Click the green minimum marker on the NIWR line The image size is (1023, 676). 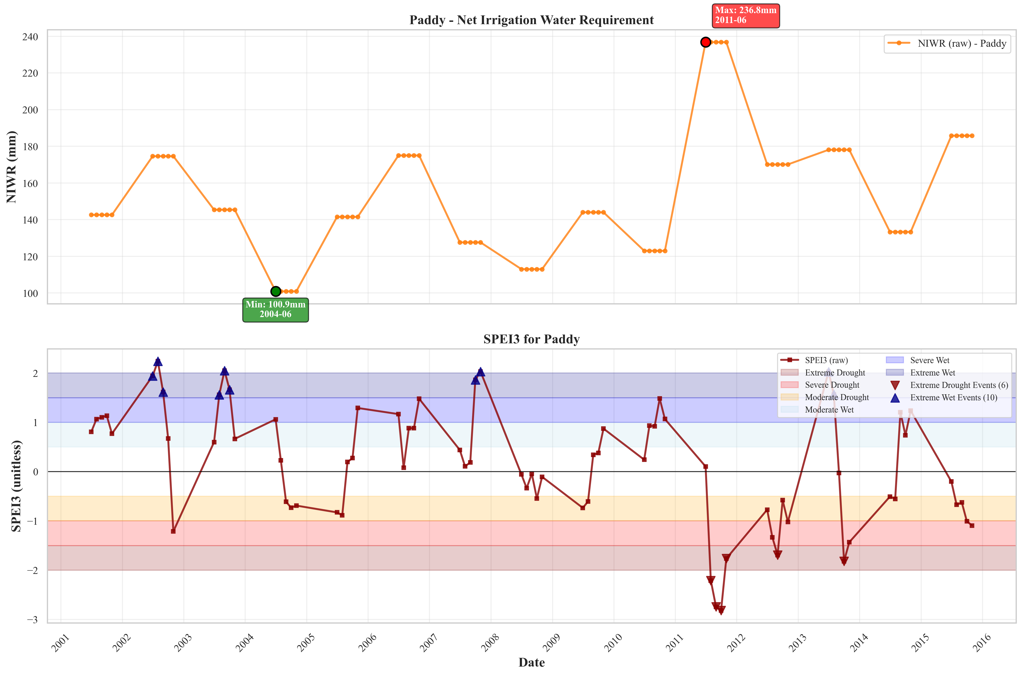tap(276, 292)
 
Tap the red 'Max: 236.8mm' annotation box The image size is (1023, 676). tap(746, 16)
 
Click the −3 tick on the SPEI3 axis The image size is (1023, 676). tap(32, 619)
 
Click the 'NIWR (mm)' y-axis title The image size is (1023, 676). tap(12, 167)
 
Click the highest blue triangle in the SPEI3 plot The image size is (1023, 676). tap(158, 361)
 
